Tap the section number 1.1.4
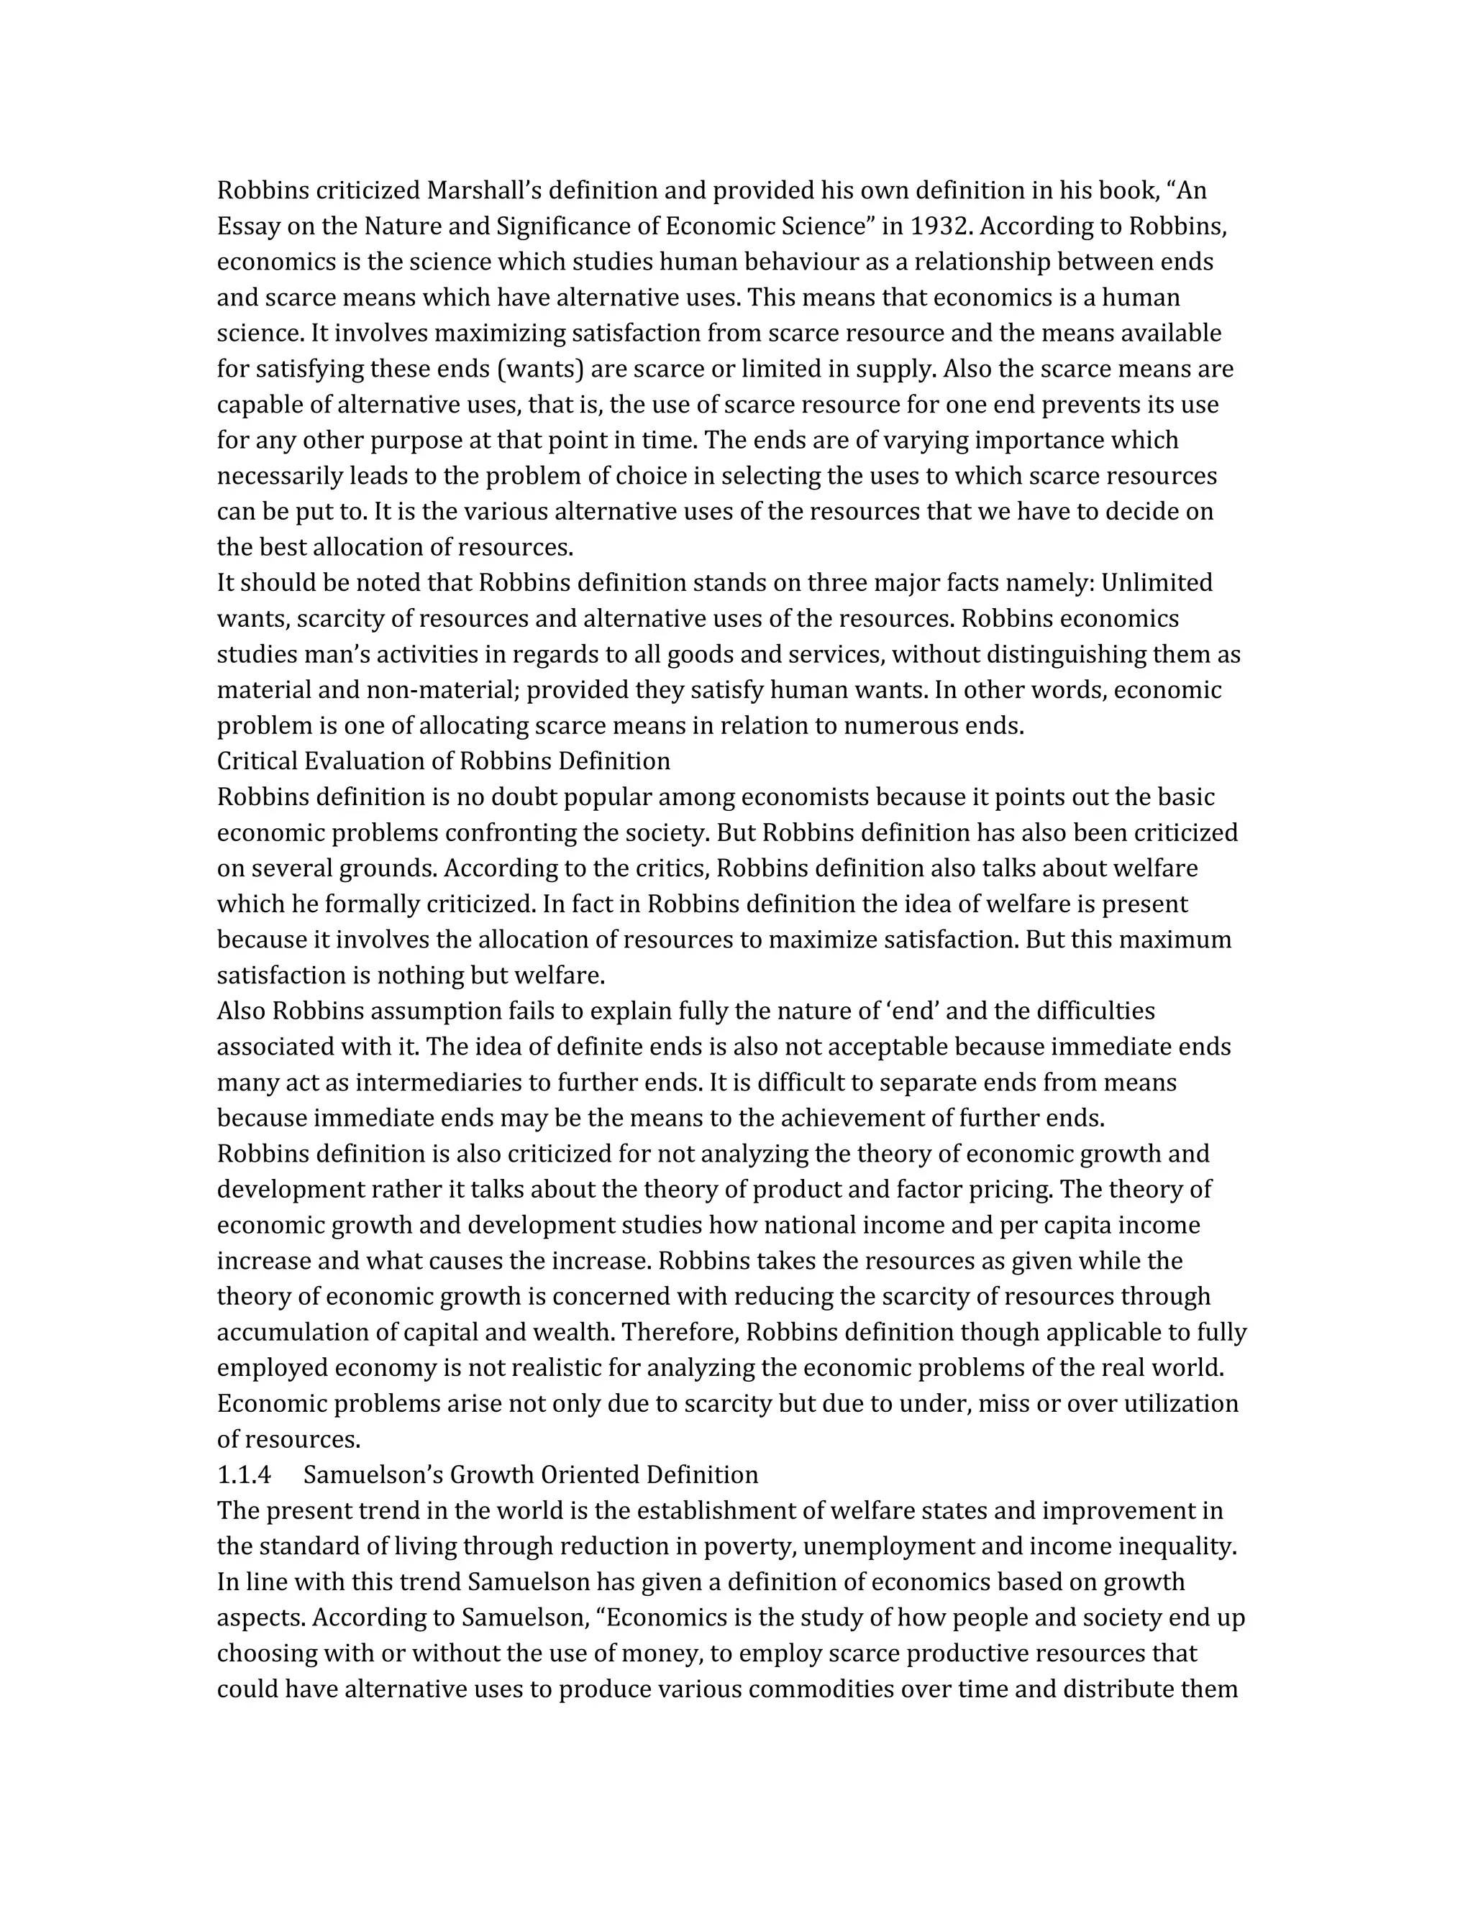click(x=244, y=1475)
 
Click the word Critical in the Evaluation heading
click(x=257, y=761)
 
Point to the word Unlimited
click(x=1157, y=583)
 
